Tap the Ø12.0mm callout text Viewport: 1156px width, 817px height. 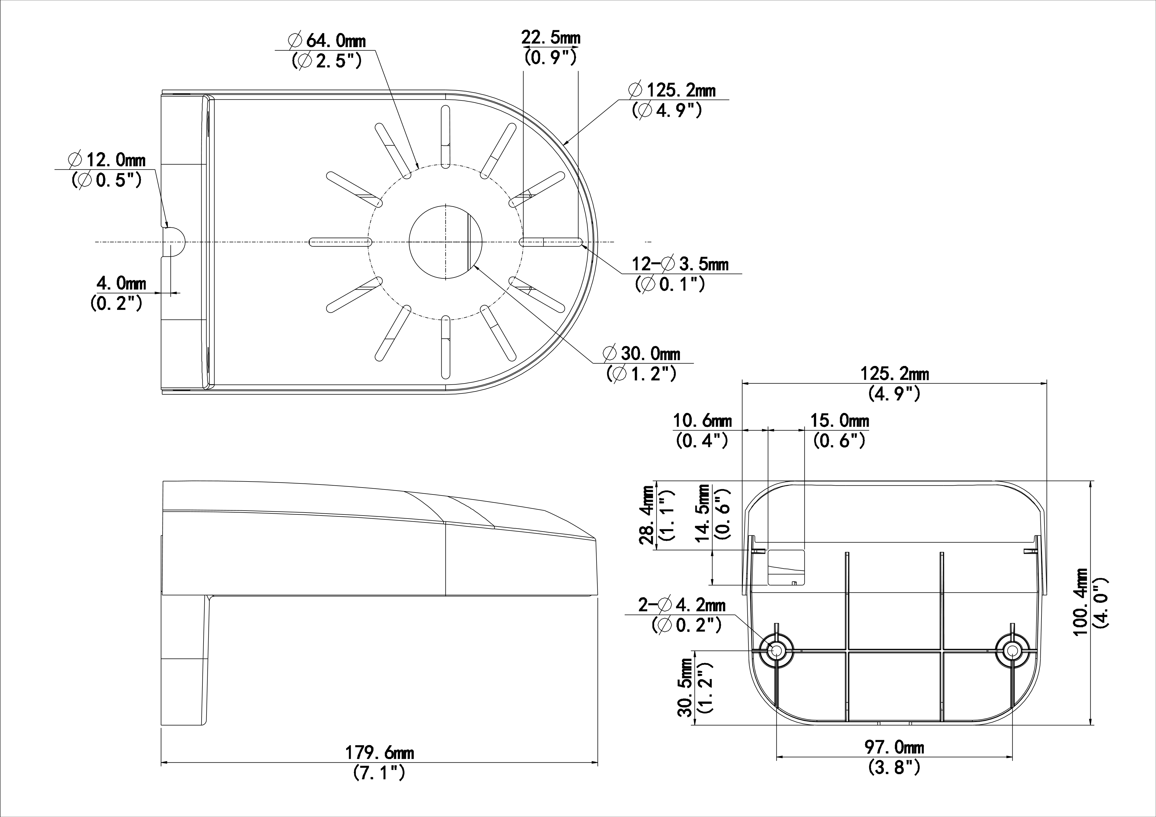point(107,160)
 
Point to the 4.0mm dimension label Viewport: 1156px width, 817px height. point(121,283)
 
